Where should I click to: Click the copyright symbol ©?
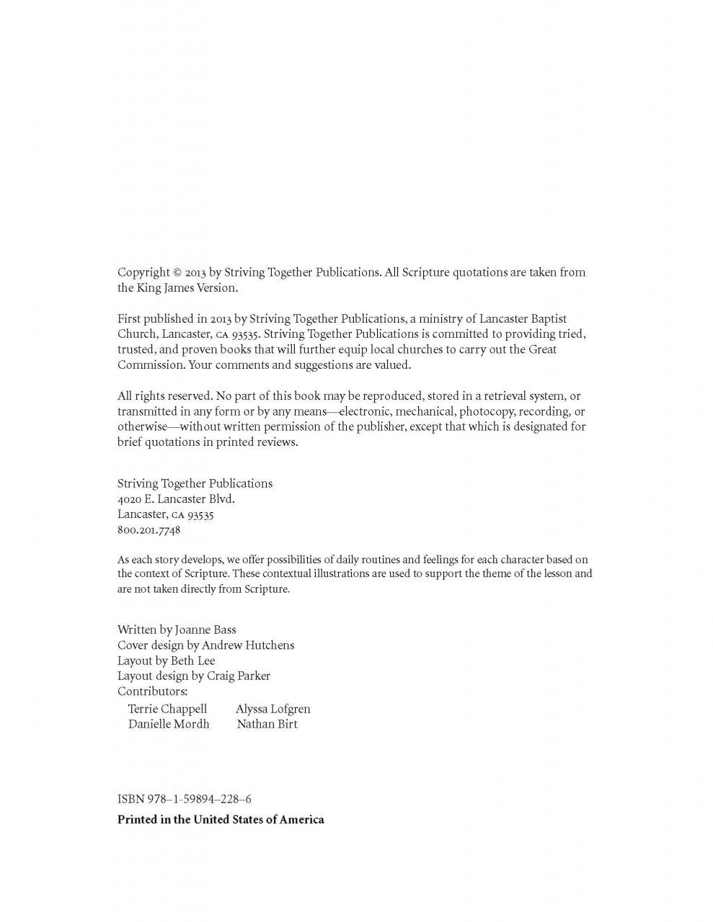coord(177,272)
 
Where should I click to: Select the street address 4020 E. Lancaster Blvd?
coord(176,498)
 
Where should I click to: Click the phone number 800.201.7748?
coord(149,530)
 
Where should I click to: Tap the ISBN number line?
coord(184,799)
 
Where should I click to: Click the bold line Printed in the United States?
coord(221,819)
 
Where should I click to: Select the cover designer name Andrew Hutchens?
coord(248,645)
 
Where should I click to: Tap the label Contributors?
coord(152,691)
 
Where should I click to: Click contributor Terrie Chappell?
coord(167,709)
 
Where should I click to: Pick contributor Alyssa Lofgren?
coord(273,709)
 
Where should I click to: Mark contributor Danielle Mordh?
coord(169,724)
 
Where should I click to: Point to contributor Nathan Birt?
coord(267,724)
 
